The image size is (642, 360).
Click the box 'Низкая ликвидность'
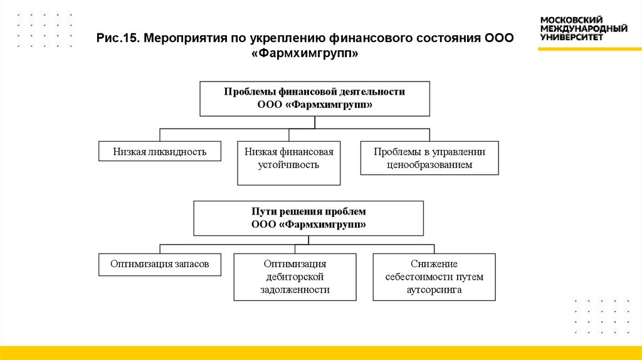[160, 151]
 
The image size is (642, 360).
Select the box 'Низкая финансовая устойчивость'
[288, 163]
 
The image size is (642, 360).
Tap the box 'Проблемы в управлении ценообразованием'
[429, 158]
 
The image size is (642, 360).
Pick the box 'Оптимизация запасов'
[160, 264]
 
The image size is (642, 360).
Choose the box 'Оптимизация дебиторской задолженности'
[295, 277]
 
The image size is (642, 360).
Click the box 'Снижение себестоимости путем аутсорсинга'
[434, 277]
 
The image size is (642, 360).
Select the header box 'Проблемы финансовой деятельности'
[315, 98]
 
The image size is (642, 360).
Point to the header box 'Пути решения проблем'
[308, 218]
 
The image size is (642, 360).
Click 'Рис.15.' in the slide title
[117, 38]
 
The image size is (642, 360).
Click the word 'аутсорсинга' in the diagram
[434, 290]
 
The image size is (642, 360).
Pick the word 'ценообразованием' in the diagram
[429, 165]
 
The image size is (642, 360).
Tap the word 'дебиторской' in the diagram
[295, 277]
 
